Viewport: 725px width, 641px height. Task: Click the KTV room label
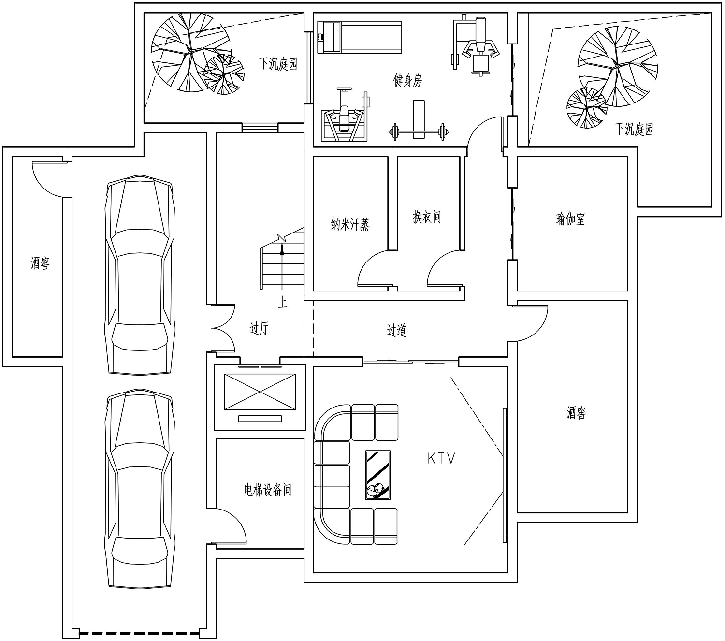(441, 458)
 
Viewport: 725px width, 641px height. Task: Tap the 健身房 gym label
(407, 81)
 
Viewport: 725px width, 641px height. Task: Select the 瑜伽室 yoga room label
(570, 219)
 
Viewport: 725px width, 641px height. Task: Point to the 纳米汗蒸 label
(350, 224)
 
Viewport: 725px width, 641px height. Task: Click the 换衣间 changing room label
(427, 217)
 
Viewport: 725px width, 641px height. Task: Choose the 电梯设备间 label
(267, 490)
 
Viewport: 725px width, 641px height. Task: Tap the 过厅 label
(259, 328)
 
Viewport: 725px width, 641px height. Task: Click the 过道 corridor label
(396, 330)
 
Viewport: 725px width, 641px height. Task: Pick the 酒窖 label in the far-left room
(40, 263)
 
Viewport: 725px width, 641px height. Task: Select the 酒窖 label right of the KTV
(576, 412)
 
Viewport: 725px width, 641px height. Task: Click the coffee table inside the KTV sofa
(377, 475)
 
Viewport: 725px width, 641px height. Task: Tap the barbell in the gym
(419, 132)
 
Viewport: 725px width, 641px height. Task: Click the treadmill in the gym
(359, 37)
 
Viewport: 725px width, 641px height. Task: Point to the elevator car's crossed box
(260, 392)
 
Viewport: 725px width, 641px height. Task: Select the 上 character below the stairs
(283, 302)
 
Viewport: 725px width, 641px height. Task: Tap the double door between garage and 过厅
(223, 328)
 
